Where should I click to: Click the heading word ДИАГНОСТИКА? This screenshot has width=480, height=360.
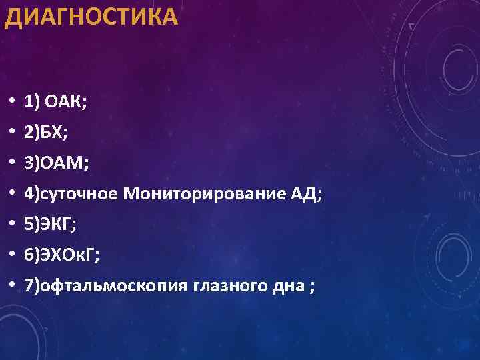click(91, 17)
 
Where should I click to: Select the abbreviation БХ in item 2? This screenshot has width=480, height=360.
click(53, 133)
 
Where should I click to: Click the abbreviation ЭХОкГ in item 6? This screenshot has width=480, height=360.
click(67, 255)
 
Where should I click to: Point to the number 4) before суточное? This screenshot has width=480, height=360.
click(32, 194)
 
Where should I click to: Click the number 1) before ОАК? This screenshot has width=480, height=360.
click(32, 102)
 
